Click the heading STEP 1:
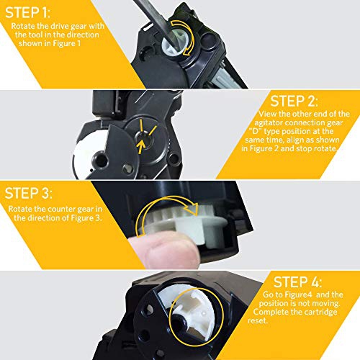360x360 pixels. pos(27,12)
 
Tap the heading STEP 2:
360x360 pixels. pos(294,101)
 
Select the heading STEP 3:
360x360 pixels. pos(28,193)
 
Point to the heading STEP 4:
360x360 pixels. pos(297,282)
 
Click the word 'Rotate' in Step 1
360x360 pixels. pos(23,26)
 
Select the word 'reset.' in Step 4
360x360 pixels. pos(258,320)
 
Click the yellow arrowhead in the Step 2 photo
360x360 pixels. pos(141,145)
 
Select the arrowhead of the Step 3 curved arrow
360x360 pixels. pos(193,208)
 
